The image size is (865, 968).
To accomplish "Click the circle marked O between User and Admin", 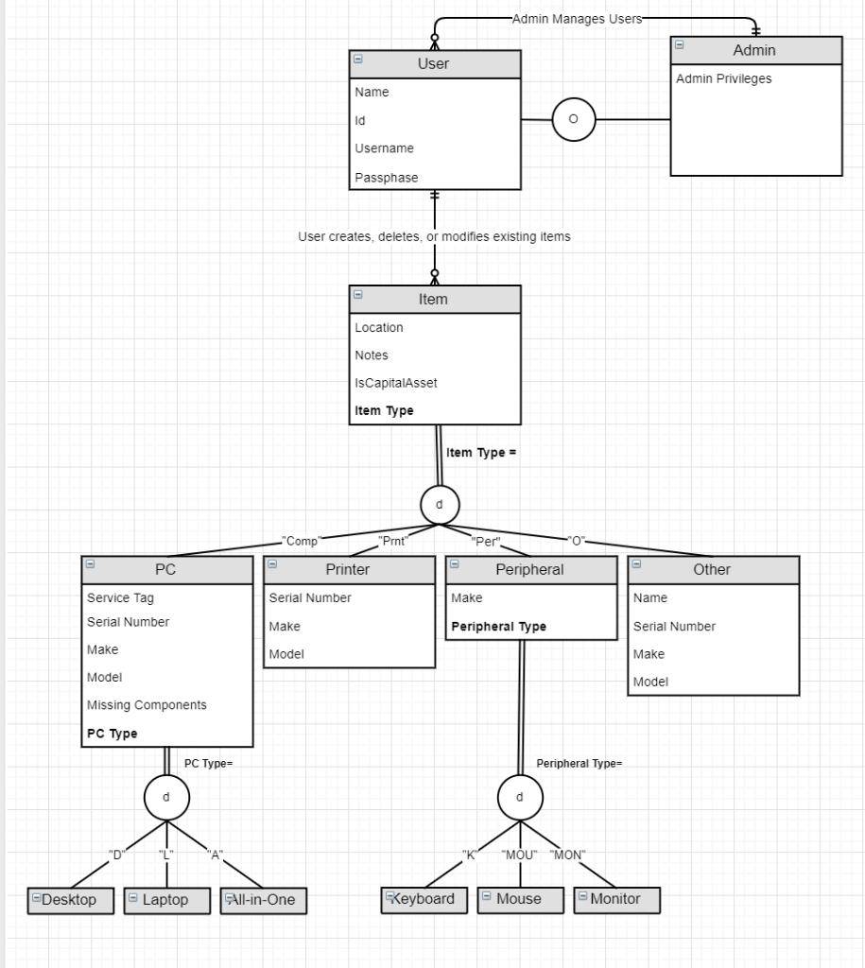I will [573, 119].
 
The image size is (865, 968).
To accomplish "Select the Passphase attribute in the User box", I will [386, 178].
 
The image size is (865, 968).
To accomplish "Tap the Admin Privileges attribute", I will [723, 78].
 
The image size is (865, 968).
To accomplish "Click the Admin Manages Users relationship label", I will [577, 18].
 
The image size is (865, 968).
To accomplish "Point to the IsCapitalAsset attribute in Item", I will [395, 383].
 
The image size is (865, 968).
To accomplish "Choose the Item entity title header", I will [434, 299].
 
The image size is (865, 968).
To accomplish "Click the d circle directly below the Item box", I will [439, 505].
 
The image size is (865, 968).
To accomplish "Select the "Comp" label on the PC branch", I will [302, 542].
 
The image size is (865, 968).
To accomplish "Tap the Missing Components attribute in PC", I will [147, 705].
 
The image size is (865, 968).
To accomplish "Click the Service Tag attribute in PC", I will [120, 597].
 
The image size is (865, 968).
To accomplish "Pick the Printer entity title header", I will [348, 569].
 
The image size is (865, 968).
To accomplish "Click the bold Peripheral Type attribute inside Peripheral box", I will [498, 627].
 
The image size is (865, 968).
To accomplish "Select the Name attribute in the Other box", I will [649, 597].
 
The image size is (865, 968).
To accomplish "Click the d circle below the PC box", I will [166, 797].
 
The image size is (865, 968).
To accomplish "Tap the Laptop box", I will [166, 900].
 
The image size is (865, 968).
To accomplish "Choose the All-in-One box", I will [263, 900].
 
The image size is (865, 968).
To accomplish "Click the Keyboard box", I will [424, 899].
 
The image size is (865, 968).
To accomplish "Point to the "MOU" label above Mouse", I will [519, 856].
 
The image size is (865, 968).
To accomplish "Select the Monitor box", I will [616, 899].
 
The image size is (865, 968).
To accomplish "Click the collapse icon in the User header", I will [358, 60].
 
